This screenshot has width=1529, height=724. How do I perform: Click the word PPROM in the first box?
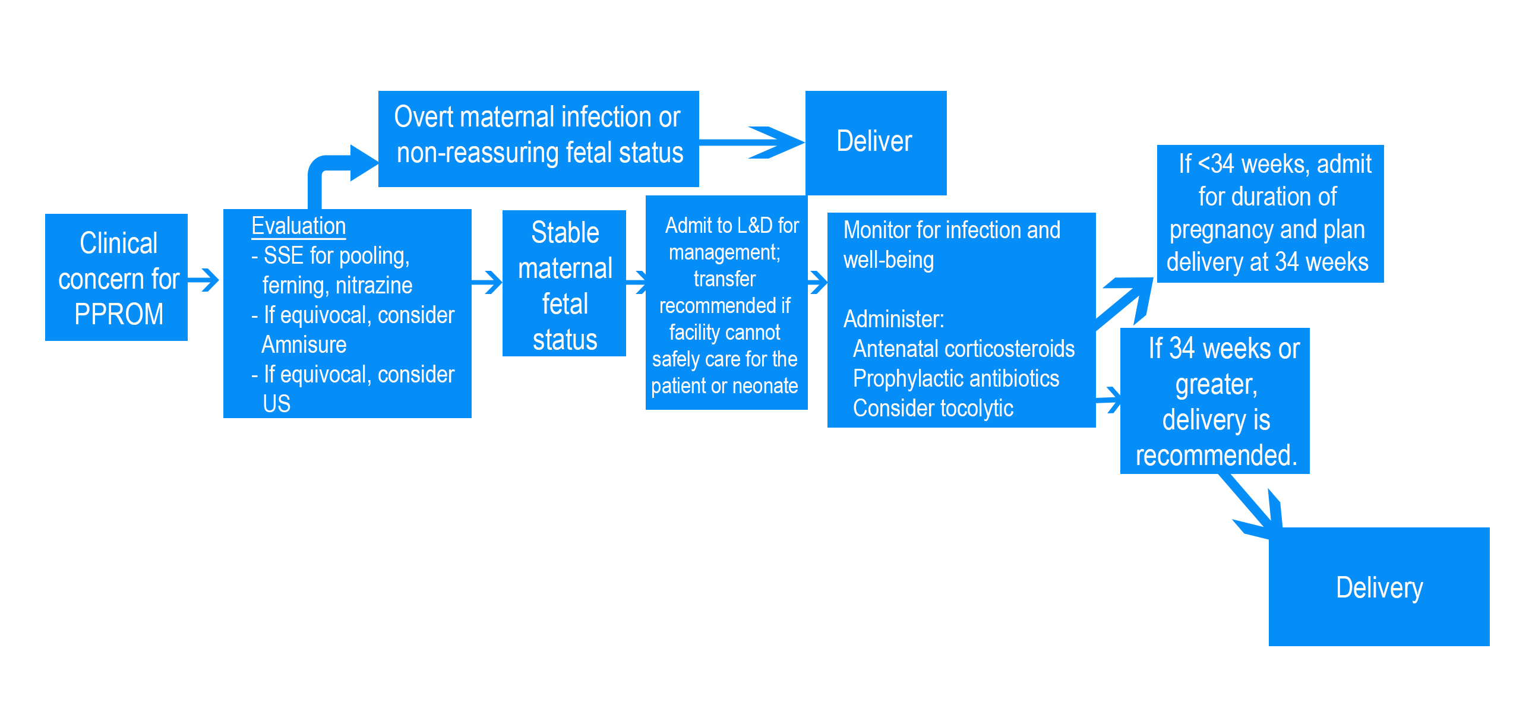click(119, 314)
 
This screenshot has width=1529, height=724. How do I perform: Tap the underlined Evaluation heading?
click(298, 226)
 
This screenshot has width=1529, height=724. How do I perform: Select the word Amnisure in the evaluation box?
click(304, 345)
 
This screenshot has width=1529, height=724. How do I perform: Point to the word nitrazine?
click(374, 286)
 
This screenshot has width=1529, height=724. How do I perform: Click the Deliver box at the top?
click(875, 142)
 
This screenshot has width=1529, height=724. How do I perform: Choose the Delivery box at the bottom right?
click(1379, 587)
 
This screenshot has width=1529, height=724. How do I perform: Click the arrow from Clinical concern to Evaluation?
click(204, 280)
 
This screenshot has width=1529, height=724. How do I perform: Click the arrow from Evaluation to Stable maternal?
click(488, 282)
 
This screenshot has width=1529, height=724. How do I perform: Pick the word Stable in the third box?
click(565, 233)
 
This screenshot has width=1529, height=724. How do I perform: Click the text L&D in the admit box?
click(755, 226)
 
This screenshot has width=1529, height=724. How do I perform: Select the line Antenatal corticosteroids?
click(963, 349)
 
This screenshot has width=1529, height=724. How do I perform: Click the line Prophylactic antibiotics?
click(956, 379)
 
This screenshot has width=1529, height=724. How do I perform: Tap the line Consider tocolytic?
click(933, 409)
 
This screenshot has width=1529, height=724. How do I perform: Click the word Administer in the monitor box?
click(893, 320)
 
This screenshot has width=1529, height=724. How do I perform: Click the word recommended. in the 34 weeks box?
click(1216, 456)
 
